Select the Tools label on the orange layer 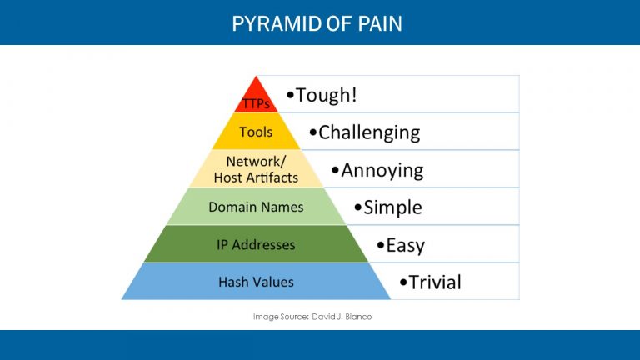[256, 132]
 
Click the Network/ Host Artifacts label [256, 169]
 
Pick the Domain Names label [256, 207]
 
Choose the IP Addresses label [256, 244]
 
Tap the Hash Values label [256, 282]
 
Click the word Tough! [327, 94]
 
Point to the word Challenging [369, 132]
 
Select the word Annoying [382, 170]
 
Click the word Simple [392, 207]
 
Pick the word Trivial [435, 282]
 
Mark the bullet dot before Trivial [403, 282]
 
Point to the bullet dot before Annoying [335, 170]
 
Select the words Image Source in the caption [279, 317]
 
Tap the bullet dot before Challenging [312, 132]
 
